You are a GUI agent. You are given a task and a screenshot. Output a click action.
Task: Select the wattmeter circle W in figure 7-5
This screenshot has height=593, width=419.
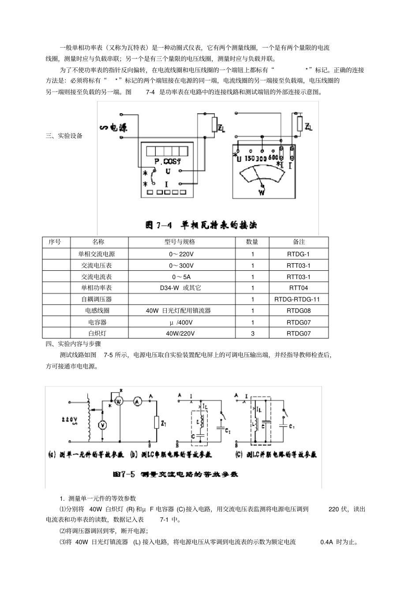pos(118,401)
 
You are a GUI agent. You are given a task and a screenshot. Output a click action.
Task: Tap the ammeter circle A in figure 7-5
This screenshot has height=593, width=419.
pos(137,401)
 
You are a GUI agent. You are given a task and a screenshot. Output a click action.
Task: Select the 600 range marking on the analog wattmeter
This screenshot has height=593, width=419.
pos(273,158)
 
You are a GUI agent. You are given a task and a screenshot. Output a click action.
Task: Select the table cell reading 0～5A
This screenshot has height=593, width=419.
pos(182,277)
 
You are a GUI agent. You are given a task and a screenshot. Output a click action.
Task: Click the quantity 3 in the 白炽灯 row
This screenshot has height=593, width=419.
pos(253,333)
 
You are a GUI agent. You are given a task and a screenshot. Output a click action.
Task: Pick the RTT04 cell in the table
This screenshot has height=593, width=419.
pos(299,288)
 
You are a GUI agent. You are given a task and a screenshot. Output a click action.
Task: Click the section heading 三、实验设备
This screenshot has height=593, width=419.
pos(64,136)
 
